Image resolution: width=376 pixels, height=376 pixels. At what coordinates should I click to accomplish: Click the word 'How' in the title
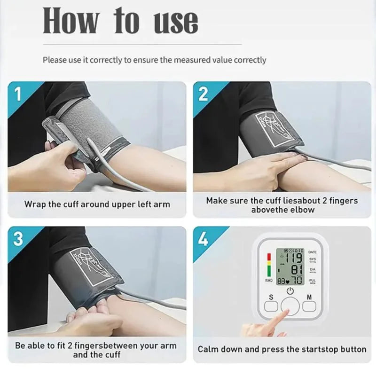click(x=71, y=21)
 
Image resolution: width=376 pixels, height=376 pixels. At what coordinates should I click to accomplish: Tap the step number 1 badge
click(x=18, y=94)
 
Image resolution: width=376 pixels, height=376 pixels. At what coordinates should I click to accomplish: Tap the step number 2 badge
click(x=203, y=94)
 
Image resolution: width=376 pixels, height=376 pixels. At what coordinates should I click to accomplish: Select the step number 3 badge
click(x=18, y=239)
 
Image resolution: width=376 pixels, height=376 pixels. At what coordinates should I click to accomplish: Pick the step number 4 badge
click(x=203, y=239)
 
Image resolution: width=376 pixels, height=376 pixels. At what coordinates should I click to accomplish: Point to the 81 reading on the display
click(x=296, y=270)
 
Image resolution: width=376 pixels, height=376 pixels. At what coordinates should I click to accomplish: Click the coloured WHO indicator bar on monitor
click(x=269, y=266)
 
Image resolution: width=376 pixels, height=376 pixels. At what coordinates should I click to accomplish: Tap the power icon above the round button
click(x=290, y=291)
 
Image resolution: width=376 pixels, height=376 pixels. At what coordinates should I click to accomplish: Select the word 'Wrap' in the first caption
click(x=34, y=204)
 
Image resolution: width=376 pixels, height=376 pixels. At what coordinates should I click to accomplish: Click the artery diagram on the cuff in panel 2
click(x=271, y=126)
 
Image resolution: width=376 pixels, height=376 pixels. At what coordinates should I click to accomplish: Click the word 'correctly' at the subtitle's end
click(x=248, y=60)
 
